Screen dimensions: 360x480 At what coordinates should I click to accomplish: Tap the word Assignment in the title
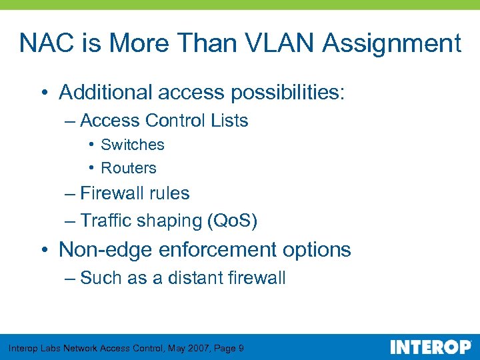392,43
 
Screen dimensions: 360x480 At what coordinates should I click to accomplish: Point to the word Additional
107,92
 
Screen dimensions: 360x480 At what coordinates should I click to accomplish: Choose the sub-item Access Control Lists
164,121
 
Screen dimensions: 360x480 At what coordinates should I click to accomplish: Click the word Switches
132,145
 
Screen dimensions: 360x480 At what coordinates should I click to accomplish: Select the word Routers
128,168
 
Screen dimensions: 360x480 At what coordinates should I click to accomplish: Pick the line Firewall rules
135,193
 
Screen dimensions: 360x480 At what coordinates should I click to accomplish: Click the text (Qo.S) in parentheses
233,221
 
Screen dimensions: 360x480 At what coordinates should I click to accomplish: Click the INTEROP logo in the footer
430,347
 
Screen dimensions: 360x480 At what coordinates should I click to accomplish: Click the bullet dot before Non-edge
43,250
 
